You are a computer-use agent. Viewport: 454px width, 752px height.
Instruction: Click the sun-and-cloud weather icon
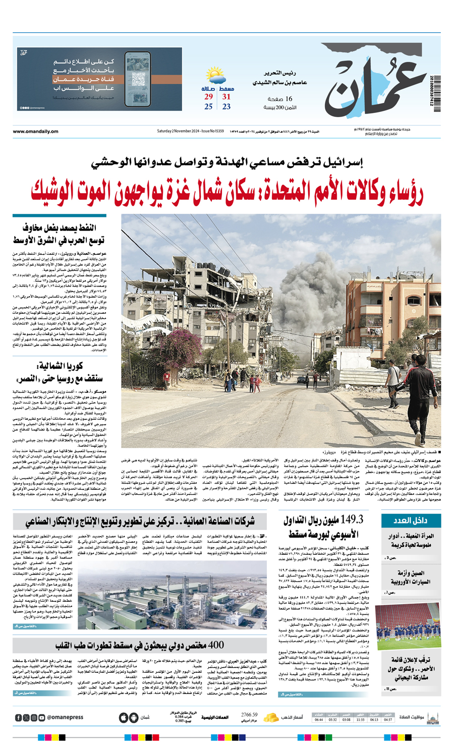tap(215, 78)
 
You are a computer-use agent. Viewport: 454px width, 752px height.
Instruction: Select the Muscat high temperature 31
tap(226, 97)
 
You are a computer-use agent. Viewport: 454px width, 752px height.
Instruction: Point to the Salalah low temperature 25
tap(208, 107)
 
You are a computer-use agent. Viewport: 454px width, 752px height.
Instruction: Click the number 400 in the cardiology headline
tap(215, 645)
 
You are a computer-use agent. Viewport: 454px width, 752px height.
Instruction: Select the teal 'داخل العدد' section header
tap(411, 521)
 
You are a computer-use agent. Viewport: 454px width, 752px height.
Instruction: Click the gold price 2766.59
tap(249, 715)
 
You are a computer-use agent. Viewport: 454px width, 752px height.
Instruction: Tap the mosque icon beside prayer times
tap(432, 717)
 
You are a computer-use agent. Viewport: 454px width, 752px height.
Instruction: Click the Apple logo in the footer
tap(124, 717)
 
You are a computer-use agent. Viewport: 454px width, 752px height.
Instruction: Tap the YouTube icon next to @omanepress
tap(41, 718)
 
